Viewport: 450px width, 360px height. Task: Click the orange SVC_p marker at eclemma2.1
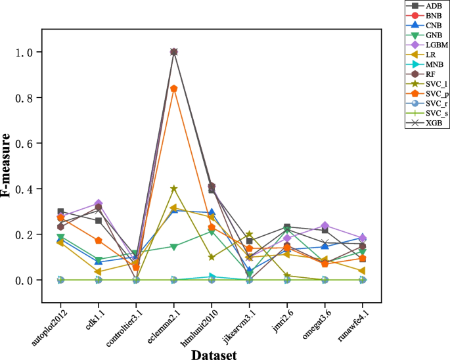tap(173, 89)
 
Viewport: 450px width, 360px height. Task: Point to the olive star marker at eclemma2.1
tap(173, 189)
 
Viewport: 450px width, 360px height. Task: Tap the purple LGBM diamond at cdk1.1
tap(99, 204)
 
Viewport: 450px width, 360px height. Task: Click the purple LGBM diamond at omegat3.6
tap(325, 226)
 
